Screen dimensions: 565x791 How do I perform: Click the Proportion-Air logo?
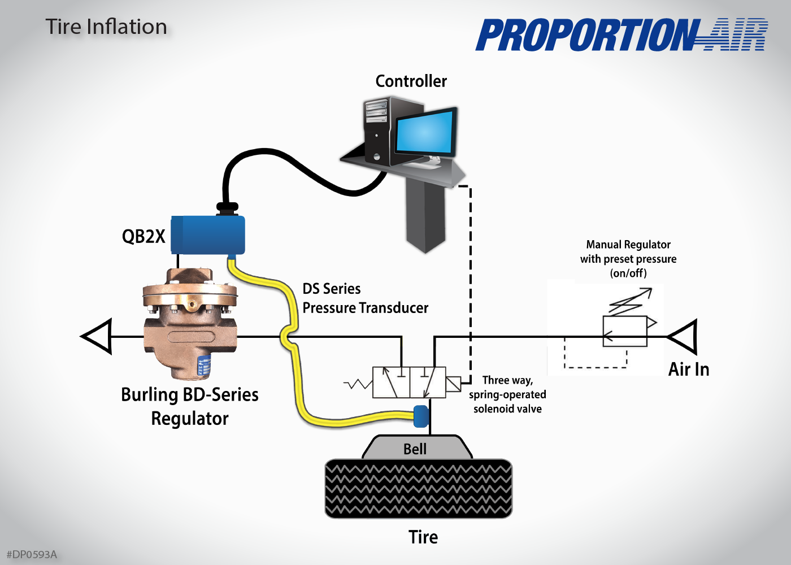[621, 35]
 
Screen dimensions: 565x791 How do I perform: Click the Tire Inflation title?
[106, 27]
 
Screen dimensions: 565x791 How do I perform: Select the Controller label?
[411, 81]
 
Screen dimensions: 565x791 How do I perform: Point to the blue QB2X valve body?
[208, 235]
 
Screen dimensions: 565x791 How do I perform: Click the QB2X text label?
[144, 236]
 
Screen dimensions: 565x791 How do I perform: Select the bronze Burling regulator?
[190, 322]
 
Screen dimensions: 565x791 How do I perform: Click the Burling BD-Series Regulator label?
[190, 406]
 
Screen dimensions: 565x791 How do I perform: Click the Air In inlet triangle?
[684, 337]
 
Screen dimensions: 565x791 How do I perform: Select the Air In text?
[688, 370]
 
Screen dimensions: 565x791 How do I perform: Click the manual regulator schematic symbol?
[625, 331]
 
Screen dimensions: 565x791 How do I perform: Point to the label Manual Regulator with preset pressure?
[628, 259]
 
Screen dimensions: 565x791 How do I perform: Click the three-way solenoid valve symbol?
[409, 383]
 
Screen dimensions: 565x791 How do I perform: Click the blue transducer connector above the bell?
[421, 416]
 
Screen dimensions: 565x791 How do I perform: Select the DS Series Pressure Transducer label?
[365, 298]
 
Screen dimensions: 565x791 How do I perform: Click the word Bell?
[415, 449]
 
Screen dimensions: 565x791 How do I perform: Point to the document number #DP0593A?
[32, 554]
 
